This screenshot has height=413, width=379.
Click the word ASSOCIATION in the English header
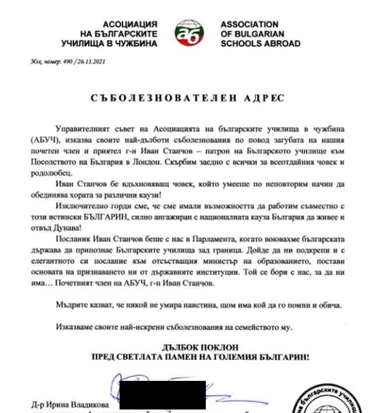coord(249,25)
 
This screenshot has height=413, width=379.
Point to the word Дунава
coord(71,227)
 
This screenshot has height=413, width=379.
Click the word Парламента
coord(186,240)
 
